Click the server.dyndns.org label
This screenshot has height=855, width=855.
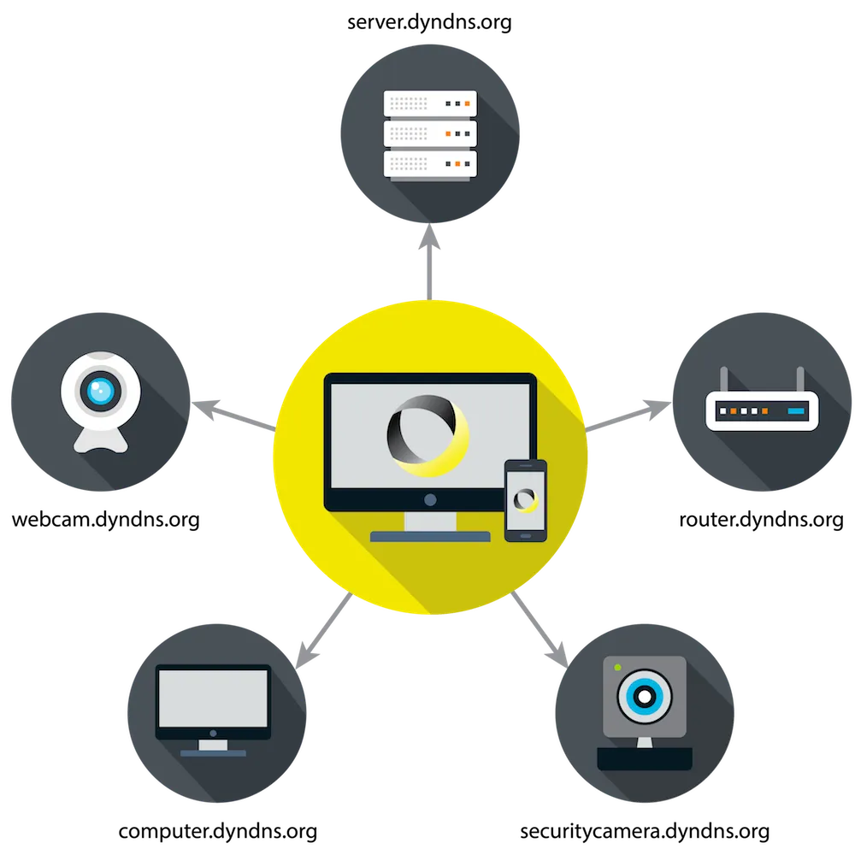pyautogui.click(x=429, y=23)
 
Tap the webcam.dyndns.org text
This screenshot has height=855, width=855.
pyautogui.click(x=106, y=520)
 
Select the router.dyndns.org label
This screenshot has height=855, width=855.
pyautogui.click(x=761, y=520)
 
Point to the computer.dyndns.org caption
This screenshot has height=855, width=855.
pyautogui.click(x=217, y=832)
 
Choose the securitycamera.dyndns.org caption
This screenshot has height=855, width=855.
pyautogui.click(x=645, y=832)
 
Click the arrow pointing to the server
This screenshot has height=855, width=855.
pyautogui.click(x=430, y=262)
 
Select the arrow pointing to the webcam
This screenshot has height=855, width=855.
pyautogui.click(x=234, y=416)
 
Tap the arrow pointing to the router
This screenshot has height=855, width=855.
pyautogui.click(x=628, y=416)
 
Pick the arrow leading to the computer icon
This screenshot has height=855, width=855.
pyautogui.click(x=324, y=630)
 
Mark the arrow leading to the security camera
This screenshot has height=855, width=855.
pyautogui.click(x=540, y=629)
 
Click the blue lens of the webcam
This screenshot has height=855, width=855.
pyautogui.click(x=100, y=391)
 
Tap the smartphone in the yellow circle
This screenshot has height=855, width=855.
pyautogui.click(x=526, y=500)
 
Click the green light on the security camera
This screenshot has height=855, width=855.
pyautogui.click(x=618, y=668)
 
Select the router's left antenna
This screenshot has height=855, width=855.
pyautogui.click(x=724, y=380)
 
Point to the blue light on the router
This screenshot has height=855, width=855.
pyautogui.click(x=796, y=411)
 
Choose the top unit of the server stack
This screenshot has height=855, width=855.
pyautogui.click(x=430, y=103)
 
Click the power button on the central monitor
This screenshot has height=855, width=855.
pyautogui.click(x=430, y=499)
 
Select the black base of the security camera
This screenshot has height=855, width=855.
pyautogui.click(x=645, y=758)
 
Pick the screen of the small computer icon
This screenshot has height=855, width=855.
pyautogui.click(x=213, y=699)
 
